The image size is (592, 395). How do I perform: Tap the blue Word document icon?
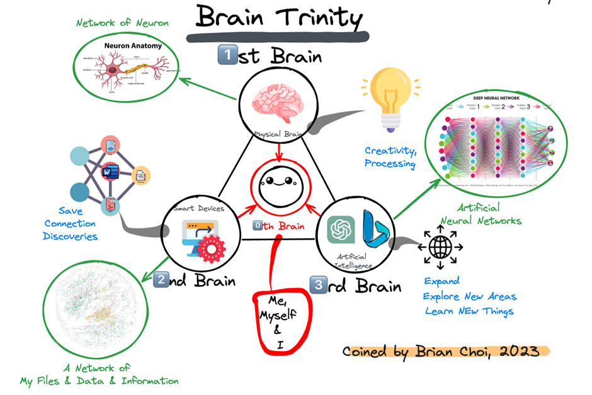coord(111,170)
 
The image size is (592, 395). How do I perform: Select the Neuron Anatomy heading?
coord(132,46)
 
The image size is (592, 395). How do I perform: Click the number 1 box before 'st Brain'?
coord(227,55)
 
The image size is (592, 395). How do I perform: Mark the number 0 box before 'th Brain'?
coord(258,225)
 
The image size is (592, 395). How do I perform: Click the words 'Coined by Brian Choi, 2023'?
coord(440,351)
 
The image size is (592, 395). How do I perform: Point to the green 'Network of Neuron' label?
coord(122,23)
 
